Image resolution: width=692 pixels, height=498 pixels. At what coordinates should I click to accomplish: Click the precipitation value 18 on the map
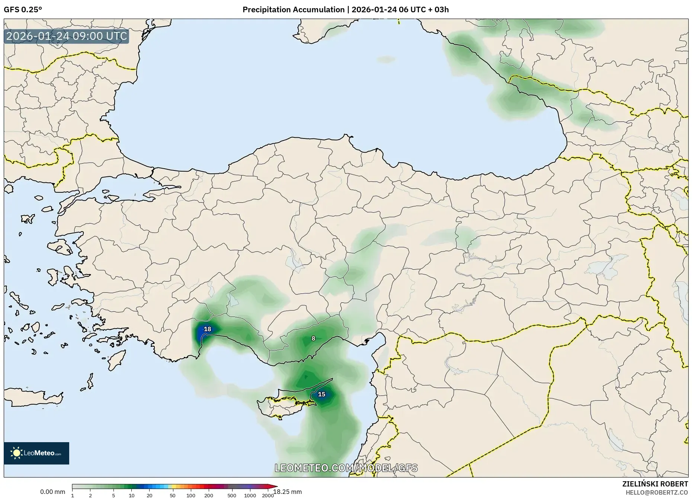click(208, 329)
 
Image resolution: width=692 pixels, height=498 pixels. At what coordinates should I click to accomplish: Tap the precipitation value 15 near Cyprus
click(321, 394)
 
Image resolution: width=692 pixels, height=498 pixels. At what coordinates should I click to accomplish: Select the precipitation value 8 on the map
click(313, 338)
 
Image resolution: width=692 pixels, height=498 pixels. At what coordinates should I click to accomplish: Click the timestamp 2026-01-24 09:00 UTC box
click(67, 36)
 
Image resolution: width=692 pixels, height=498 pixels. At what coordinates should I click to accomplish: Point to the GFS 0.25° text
click(23, 10)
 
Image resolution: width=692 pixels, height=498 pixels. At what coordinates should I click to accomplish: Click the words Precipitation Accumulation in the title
click(294, 10)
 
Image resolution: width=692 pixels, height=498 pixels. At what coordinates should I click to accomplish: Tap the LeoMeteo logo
click(36, 453)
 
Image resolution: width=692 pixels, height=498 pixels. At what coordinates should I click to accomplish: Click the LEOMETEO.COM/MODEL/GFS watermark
click(346, 468)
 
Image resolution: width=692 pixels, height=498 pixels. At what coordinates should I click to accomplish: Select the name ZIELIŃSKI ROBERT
click(655, 484)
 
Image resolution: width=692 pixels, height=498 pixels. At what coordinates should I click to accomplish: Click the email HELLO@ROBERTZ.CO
click(657, 492)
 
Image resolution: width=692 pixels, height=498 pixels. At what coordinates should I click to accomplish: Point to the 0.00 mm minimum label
click(52, 492)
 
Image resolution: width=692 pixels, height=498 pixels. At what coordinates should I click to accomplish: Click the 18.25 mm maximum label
click(288, 492)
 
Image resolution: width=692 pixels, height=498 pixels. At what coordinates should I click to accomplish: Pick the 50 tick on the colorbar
click(172, 495)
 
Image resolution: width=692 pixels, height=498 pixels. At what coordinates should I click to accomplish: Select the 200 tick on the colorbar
click(209, 495)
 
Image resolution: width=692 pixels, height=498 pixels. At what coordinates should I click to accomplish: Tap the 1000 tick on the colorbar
click(250, 495)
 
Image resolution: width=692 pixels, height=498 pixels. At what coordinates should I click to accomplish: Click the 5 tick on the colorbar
click(113, 495)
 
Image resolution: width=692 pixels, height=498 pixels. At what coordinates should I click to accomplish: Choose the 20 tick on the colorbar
click(150, 495)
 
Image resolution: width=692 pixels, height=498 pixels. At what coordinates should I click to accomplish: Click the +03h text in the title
click(440, 10)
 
